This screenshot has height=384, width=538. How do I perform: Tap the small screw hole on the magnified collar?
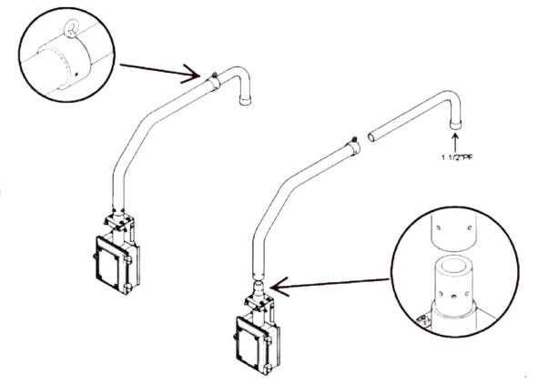(76, 74)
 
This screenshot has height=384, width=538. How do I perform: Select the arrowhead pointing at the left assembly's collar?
(191, 74)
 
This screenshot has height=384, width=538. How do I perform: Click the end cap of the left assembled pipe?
(245, 100)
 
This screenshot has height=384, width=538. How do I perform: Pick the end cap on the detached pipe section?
(456, 124)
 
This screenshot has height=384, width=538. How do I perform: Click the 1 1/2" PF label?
(457, 157)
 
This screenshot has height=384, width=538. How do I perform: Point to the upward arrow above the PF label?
(455, 142)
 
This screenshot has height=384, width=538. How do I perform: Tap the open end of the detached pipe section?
(371, 137)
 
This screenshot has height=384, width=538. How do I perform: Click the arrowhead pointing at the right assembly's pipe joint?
(279, 287)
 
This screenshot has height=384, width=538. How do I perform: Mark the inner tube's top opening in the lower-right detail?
(454, 265)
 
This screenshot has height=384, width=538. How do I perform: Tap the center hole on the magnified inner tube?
(453, 295)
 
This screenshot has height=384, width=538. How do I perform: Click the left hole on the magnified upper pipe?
(438, 227)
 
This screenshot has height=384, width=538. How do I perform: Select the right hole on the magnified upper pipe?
(470, 227)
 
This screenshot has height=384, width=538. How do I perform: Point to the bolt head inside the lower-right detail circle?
(421, 320)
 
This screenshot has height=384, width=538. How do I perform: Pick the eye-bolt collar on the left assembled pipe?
(213, 82)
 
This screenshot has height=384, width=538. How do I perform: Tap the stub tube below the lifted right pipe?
(259, 289)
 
